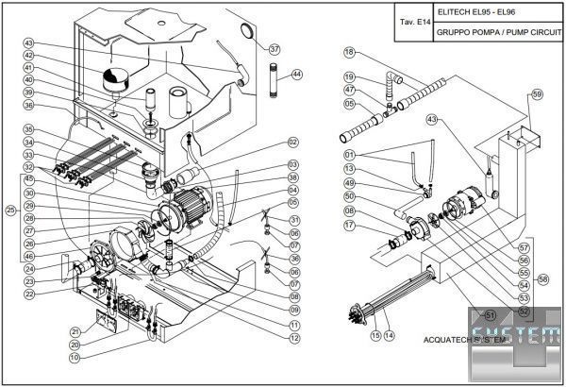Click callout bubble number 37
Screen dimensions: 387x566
pos(275,49)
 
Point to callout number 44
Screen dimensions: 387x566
pos(297,73)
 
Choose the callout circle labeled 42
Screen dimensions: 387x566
pos(29,56)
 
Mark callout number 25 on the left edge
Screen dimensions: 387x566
pos(10,210)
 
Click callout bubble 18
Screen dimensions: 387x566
pos(349,52)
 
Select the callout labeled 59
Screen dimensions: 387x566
pos(537,94)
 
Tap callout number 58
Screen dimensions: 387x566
pos(542,279)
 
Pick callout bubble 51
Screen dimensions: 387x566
pos(490,314)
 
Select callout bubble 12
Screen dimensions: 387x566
pos(294,337)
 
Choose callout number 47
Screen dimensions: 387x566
pos(349,90)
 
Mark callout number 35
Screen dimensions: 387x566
pos(29,130)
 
